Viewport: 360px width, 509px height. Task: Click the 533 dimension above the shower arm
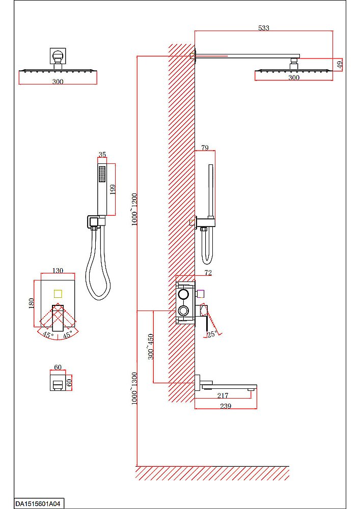pos(264,28)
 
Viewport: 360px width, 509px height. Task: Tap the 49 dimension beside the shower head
pos(340,64)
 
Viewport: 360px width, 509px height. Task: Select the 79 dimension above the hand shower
pos(205,148)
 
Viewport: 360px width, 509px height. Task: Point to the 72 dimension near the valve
pos(208,273)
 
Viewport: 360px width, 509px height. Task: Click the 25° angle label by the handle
pos(212,334)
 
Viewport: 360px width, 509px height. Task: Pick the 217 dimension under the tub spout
pos(223,395)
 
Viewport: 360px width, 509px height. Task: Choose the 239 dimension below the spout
pos(226,406)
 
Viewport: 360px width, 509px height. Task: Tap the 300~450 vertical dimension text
pos(151,346)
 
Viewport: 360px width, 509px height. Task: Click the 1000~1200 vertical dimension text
pos(135,210)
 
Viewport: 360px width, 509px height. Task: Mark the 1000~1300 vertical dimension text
pos(135,388)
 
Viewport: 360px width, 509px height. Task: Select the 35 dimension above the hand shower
pos(102,154)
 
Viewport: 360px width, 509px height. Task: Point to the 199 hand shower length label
pos(113,189)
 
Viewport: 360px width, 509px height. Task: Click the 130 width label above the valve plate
pos(58,270)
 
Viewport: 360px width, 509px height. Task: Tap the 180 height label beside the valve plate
pos(32,303)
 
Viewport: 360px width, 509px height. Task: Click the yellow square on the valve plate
pos(58,294)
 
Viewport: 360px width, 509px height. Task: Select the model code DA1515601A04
pos(38,504)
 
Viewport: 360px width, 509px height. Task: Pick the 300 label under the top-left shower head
pos(58,81)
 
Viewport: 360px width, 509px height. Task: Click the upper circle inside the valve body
pos(183,295)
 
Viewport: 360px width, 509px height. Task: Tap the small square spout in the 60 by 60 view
pos(58,385)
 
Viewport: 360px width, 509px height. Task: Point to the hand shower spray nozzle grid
pos(102,175)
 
